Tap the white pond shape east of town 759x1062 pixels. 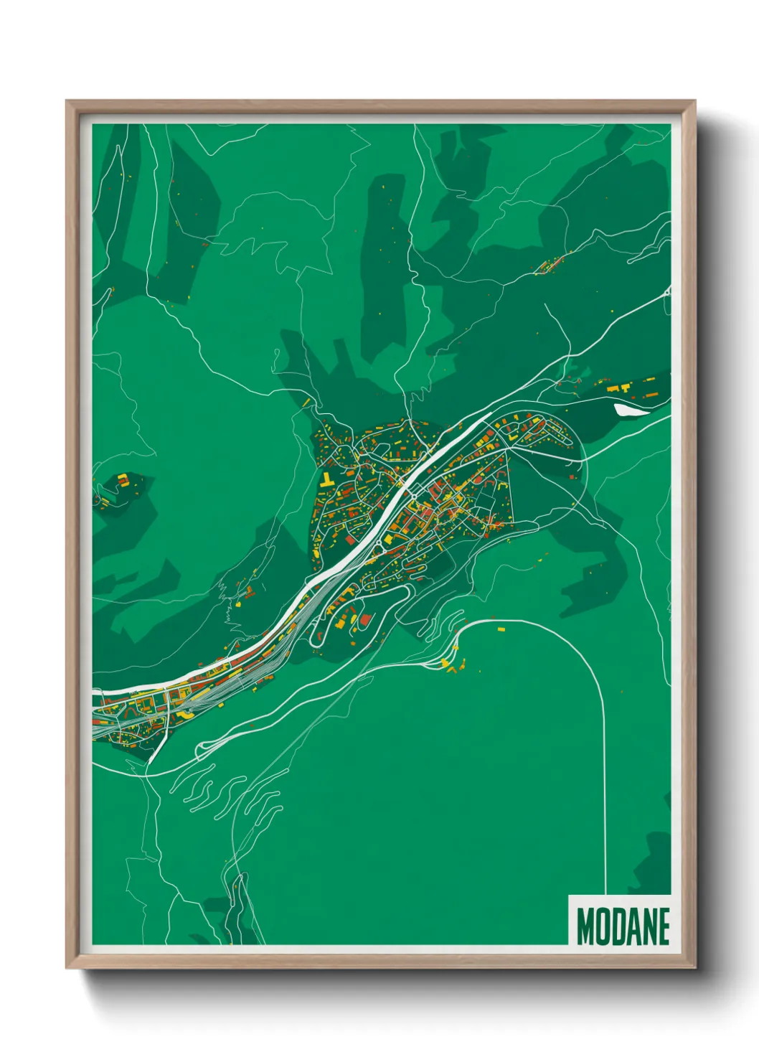coord(629,410)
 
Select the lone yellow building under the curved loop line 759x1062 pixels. coord(500,628)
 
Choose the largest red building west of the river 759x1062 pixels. coord(351,539)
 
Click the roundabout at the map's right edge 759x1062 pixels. coord(667,292)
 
